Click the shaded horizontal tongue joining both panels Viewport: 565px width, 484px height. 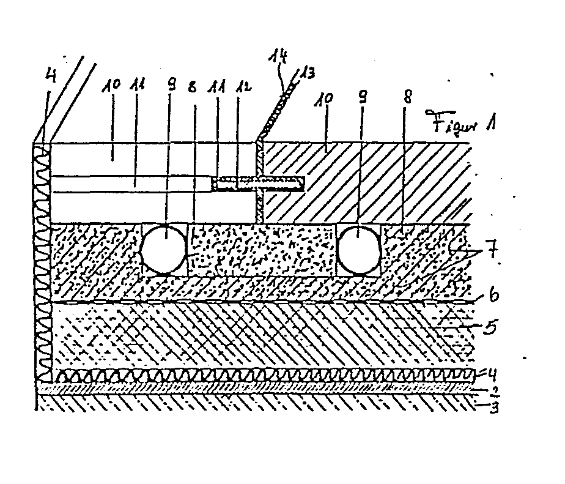tap(257, 182)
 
